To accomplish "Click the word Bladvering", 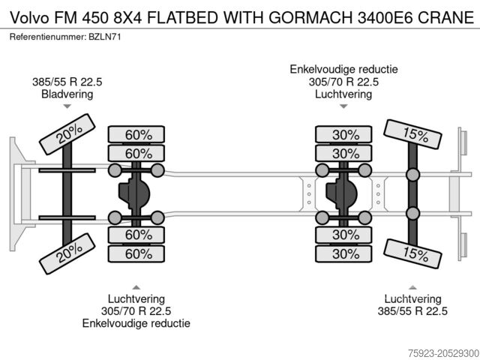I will point(67,94).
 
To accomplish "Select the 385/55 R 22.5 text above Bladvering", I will point(67,82).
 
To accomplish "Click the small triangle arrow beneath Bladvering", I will point(67,107).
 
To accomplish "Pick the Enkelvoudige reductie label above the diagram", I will point(343,69).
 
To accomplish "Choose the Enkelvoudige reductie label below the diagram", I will point(136,323).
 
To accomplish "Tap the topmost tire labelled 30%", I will point(345,135).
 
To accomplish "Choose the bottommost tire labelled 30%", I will point(345,253).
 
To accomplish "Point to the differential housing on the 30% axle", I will point(344,194).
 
